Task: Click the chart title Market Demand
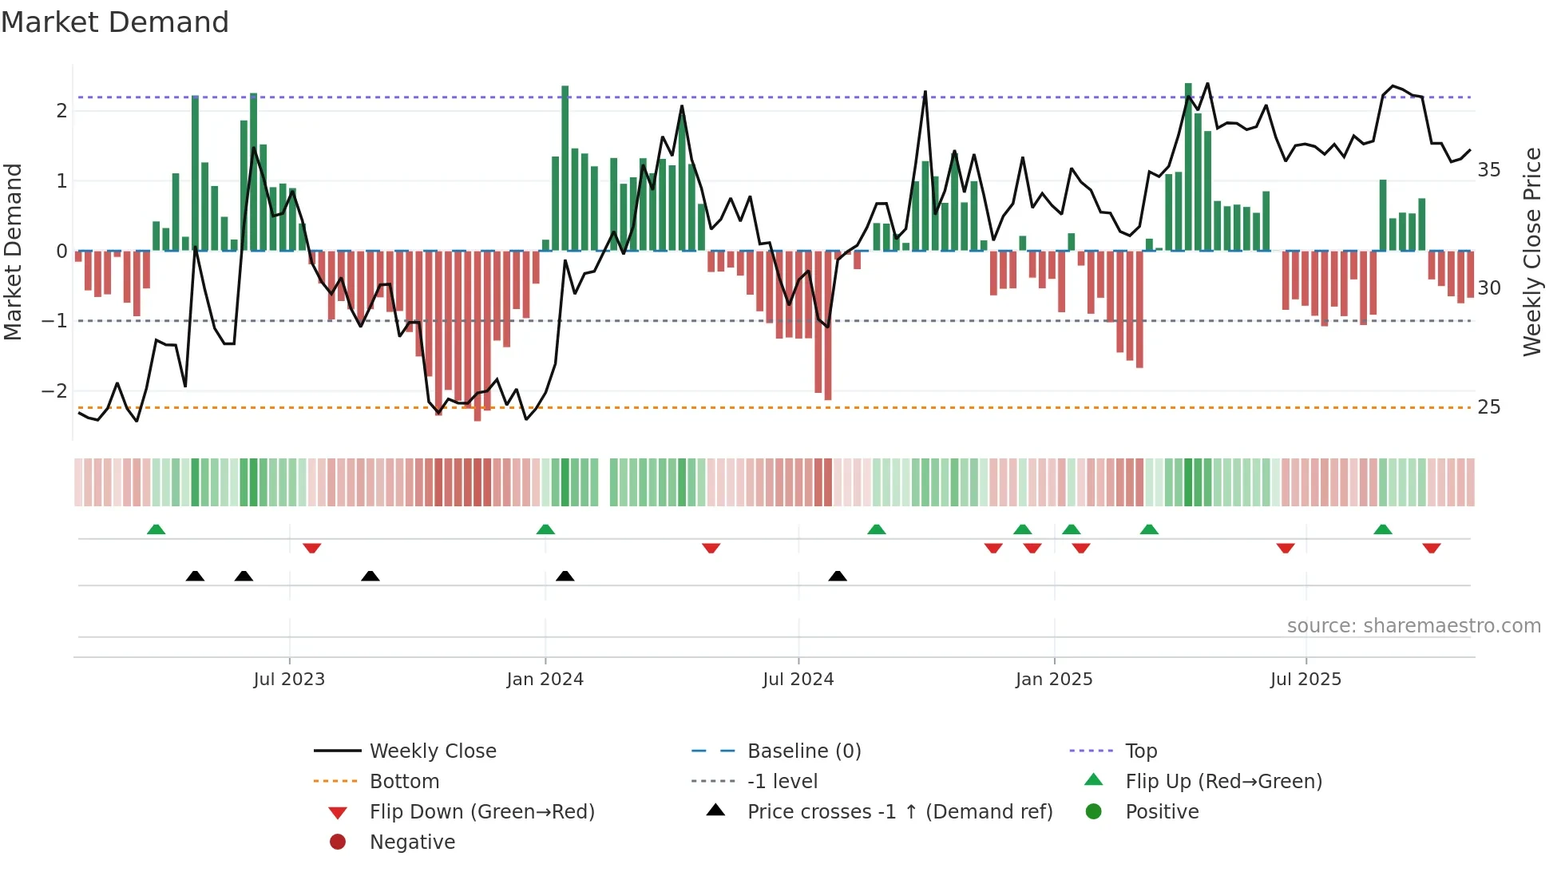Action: click(x=115, y=22)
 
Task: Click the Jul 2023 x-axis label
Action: click(x=289, y=680)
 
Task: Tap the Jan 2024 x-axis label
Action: click(x=545, y=680)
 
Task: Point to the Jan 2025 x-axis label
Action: click(x=1053, y=680)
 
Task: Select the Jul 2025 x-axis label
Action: click(x=1305, y=680)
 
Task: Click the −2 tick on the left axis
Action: click(x=54, y=391)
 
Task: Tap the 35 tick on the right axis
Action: click(x=1488, y=170)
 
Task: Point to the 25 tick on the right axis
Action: click(x=1488, y=407)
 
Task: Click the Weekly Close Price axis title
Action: click(x=1531, y=252)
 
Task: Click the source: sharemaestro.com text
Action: click(x=1413, y=626)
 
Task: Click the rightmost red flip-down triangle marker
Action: click(x=1431, y=548)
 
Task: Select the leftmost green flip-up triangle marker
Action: click(x=156, y=529)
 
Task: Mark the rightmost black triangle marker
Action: click(x=837, y=576)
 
